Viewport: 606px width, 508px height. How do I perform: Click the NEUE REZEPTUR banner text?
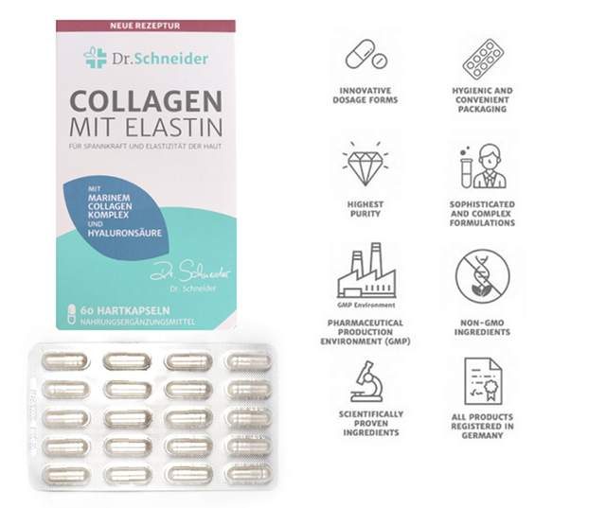pyautogui.click(x=145, y=26)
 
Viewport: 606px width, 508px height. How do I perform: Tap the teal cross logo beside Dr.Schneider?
pyautogui.click(x=95, y=58)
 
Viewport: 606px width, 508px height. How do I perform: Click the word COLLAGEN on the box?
pyautogui.click(x=146, y=101)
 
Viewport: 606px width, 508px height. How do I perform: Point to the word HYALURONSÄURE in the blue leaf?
pyautogui.click(x=124, y=233)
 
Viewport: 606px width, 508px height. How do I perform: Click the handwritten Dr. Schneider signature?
pyautogui.click(x=190, y=272)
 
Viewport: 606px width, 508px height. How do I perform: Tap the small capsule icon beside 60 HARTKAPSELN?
pyautogui.click(x=72, y=314)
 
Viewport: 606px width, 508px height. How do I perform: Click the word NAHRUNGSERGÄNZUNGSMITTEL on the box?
pyautogui.click(x=137, y=322)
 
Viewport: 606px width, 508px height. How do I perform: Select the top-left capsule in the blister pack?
pyautogui.click(x=65, y=361)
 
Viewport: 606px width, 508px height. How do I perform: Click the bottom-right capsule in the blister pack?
pyautogui.click(x=248, y=473)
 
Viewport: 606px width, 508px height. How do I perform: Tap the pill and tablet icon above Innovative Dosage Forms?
pyautogui.click(x=366, y=55)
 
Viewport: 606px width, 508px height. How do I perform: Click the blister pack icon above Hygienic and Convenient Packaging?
pyautogui.click(x=483, y=58)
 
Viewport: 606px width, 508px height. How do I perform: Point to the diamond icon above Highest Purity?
pyautogui.click(x=365, y=164)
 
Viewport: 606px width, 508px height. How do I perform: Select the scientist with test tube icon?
pyautogui.click(x=483, y=166)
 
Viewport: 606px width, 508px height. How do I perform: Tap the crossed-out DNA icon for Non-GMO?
pyautogui.click(x=482, y=276)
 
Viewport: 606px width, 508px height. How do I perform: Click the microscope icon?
pyautogui.click(x=367, y=381)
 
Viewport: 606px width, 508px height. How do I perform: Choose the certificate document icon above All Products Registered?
pyautogui.click(x=483, y=381)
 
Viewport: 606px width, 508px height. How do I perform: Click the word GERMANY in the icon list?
pyautogui.click(x=482, y=436)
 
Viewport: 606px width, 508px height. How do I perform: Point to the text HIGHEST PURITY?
pyautogui.click(x=365, y=209)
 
